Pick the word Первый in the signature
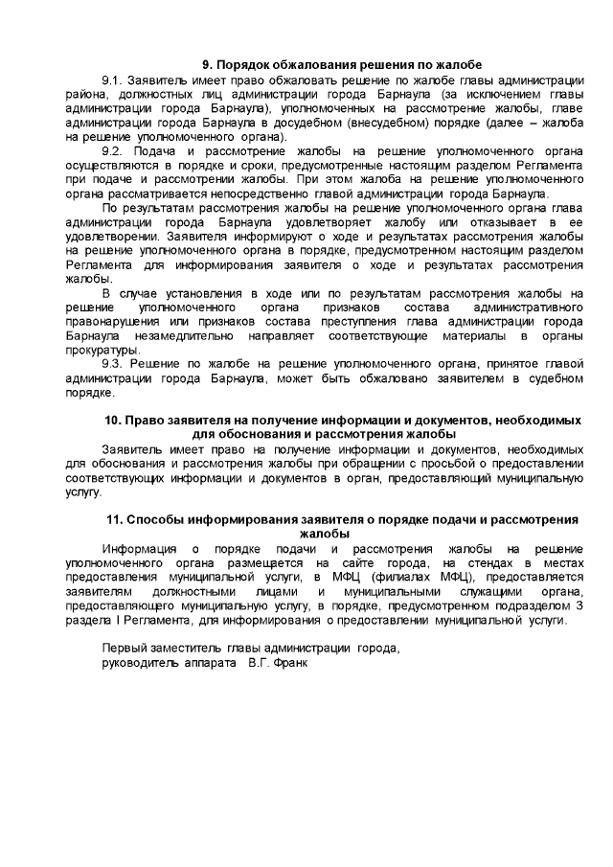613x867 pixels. (124, 649)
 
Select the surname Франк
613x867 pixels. (289, 663)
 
